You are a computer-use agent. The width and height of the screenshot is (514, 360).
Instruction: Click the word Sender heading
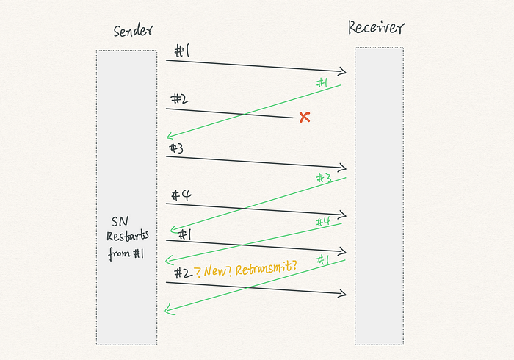(x=134, y=32)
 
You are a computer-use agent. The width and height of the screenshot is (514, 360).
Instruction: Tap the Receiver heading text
(x=376, y=29)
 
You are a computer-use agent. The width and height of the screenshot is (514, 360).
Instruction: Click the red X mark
(x=304, y=117)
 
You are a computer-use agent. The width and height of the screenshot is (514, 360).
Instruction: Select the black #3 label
(x=176, y=148)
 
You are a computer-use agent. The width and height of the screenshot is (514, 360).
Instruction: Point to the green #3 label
(x=323, y=178)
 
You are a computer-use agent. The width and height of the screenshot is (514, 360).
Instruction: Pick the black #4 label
(x=181, y=195)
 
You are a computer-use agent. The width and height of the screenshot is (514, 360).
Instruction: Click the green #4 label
(x=323, y=221)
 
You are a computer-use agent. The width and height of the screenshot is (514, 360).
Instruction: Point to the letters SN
(x=120, y=222)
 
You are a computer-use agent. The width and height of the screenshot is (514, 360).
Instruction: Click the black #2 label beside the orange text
(x=183, y=273)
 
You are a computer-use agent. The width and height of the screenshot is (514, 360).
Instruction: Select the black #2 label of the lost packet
(x=180, y=99)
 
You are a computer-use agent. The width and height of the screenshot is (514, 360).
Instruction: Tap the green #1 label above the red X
(x=321, y=83)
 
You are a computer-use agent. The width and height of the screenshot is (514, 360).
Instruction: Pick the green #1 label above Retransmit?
(x=322, y=259)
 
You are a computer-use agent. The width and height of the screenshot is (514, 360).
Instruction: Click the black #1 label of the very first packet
(x=182, y=51)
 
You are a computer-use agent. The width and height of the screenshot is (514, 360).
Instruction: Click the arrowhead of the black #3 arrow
(x=341, y=168)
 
